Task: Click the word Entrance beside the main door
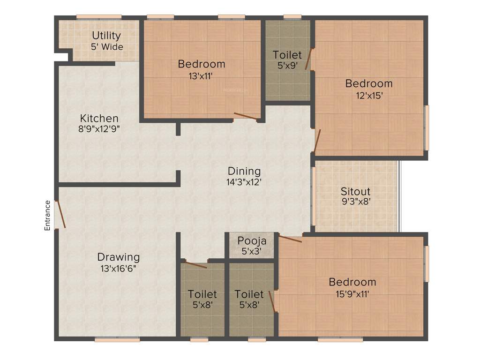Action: [x=47, y=215]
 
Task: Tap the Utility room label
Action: [x=106, y=36]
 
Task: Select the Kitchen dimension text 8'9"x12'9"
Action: [x=99, y=129]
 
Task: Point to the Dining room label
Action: [x=244, y=171]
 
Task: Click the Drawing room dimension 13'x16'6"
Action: [x=119, y=269]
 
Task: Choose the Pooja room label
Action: [x=252, y=241]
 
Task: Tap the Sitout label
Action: [x=355, y=191]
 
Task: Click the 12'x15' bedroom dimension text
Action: [x=369, y=95]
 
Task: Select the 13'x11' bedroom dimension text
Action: [x=202, y=75]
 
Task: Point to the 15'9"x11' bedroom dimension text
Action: [x=352, y=294]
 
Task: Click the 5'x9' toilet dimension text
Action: [x=287, y=66]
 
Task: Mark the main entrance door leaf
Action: [x=60, y=214]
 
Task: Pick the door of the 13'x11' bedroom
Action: [x=246, y=116]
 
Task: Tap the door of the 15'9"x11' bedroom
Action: [x=290, y=239]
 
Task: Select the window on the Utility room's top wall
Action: [x=99, y=18]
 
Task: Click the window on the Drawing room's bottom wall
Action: [x=117, y=339]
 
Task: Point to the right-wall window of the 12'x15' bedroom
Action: [x=426, y=127]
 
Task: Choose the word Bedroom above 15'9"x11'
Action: [x=352, y=282]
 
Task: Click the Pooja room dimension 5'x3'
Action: [x=252, y=251]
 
